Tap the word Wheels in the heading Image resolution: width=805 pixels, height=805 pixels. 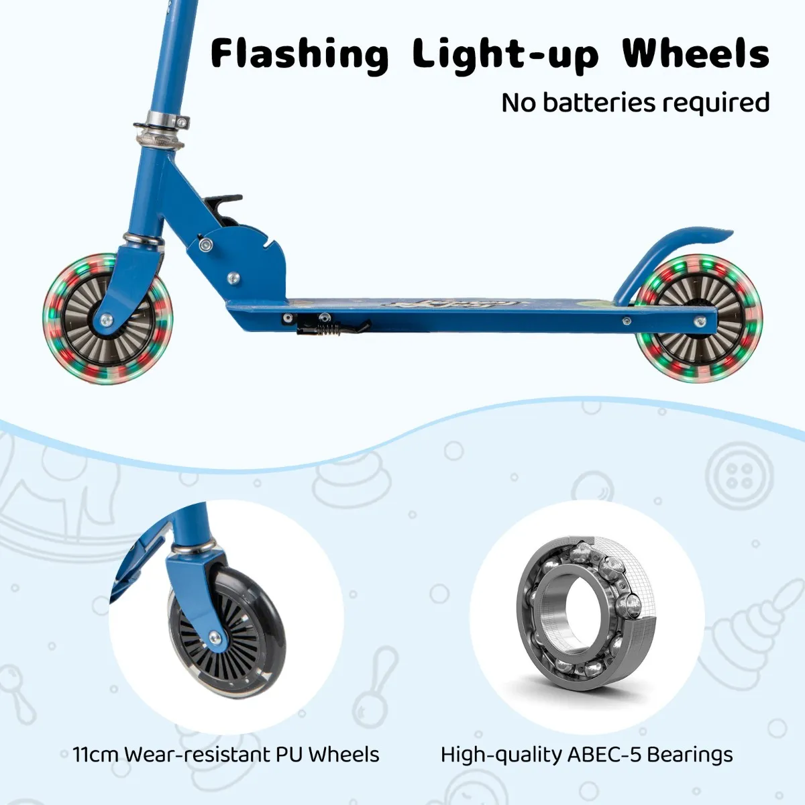point(696,54)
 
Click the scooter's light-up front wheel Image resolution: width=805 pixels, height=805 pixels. point(107,319)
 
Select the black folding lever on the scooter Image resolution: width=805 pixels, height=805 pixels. point(222,202)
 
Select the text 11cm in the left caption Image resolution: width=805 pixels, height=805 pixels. point(95,755)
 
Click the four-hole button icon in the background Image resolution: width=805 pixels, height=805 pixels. point(739,476)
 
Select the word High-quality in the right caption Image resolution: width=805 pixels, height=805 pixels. point(501,755)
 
